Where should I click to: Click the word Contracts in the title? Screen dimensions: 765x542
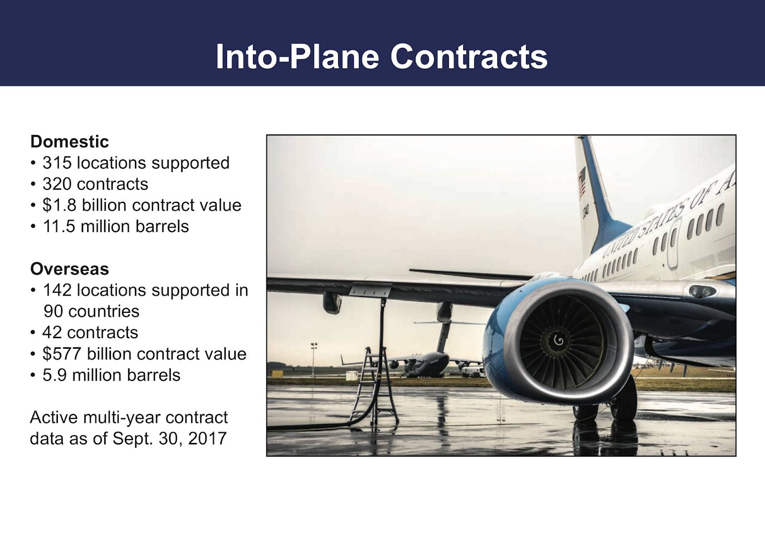pyautogui.click(x=469, y=57)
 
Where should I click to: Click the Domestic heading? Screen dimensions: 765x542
pyautogui.click(x=70, y=142)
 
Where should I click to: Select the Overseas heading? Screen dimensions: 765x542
pyautogui.click(x=70, y=269)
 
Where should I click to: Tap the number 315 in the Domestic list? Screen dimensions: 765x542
pyautogui.click(x=57, y=163)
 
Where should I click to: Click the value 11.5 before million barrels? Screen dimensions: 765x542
pyautogui.click(x=59, y=226)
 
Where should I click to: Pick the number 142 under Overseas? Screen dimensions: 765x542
pyautogui.click(x=57, y=290)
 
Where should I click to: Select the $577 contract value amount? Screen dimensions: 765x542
pyautogui.click(x=62, y=354)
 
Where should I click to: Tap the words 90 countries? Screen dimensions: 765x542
pyautogui.click(x=91, y=311)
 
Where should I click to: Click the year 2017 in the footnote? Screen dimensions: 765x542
pyautogui.click(x=208, y=439)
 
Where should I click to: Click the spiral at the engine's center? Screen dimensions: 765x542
pyautogui.click(x=559, y=340)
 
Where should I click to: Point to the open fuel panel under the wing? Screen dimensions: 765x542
pyautogui.click(x=370, y=291)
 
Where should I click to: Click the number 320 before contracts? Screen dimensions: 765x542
pyautogui.click(x=57, y=184)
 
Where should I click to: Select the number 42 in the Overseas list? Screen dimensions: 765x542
pyautogui.click(x=52, y=332)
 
